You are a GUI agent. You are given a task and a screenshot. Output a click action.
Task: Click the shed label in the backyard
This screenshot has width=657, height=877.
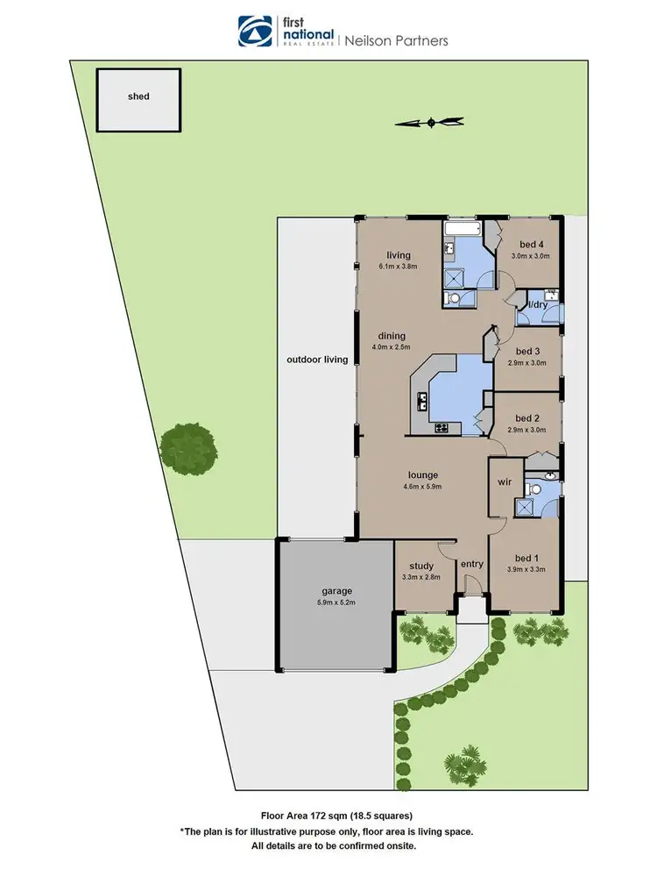pyautogui.click(x=138, y=96)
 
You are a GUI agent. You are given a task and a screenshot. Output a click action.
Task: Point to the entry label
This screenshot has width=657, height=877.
pyautogui.click(x=471, y=564)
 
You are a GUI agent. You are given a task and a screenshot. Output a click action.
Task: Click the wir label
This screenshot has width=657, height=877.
pyautogui.click(x=504, y=481)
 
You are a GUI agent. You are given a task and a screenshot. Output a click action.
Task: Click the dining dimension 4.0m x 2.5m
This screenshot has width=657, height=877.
pyautogui.click(x=392, y=347)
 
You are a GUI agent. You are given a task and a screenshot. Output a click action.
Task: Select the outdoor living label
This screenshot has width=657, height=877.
pyautogui.click(x=317, y=360)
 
